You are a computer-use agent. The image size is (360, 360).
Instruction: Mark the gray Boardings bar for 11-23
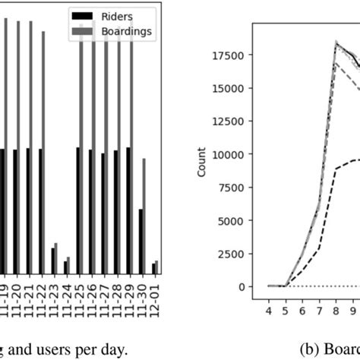(56, 259)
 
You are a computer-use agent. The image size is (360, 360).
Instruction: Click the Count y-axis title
(202, 166)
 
